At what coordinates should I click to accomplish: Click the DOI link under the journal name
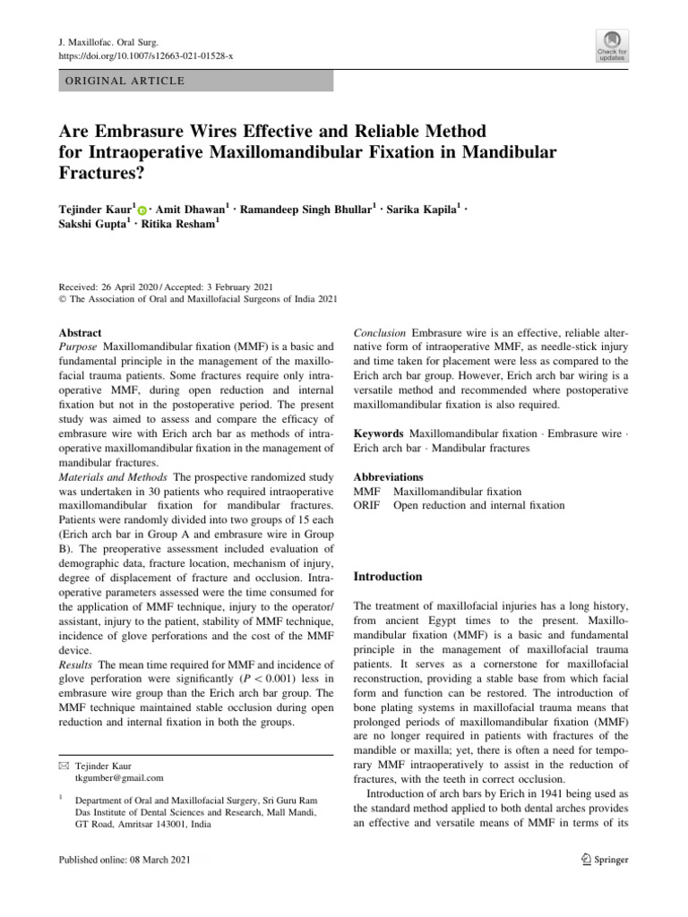click(132, 56)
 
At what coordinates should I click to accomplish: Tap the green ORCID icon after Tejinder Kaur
click(142, 208)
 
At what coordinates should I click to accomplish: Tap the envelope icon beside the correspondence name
click(63, 767)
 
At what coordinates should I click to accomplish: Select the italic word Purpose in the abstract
click(78, 346)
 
